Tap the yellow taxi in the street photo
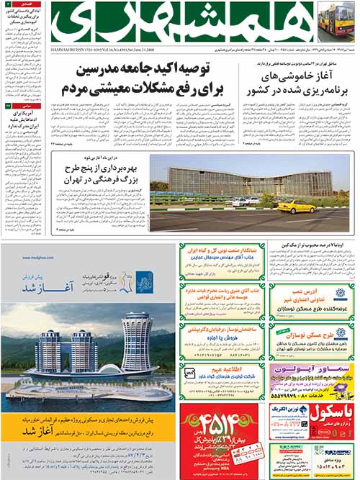pos(296,207)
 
